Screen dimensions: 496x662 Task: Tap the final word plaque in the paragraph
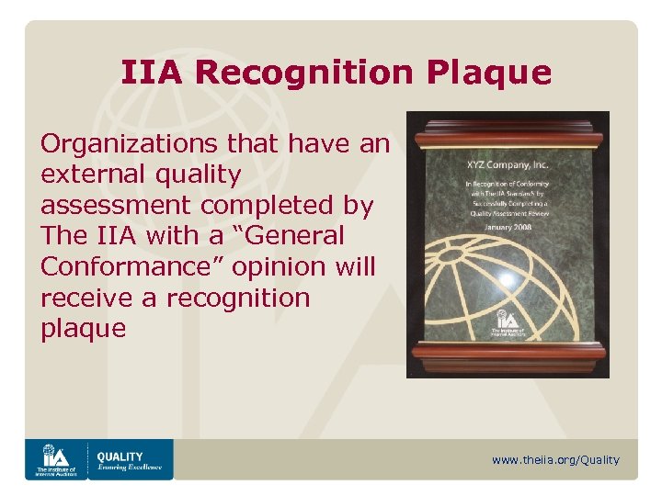83,329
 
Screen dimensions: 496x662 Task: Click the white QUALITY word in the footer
120,456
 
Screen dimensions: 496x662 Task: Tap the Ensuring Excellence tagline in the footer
130,468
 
